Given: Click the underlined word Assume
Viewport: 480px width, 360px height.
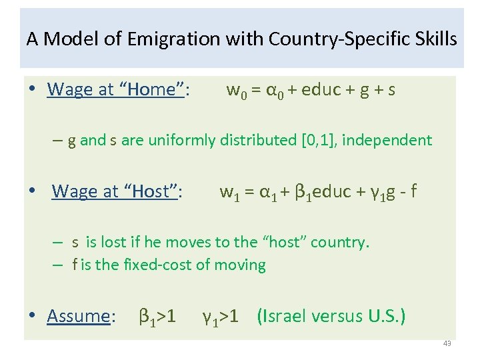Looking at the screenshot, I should (78, 315).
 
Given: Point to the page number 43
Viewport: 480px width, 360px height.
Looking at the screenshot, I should (447, 343).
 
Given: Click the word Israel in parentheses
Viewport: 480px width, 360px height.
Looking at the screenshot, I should (288, 315).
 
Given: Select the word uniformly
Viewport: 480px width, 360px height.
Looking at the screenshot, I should (180, 140).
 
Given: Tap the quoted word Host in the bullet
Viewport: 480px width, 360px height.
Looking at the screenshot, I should (150, 191).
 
